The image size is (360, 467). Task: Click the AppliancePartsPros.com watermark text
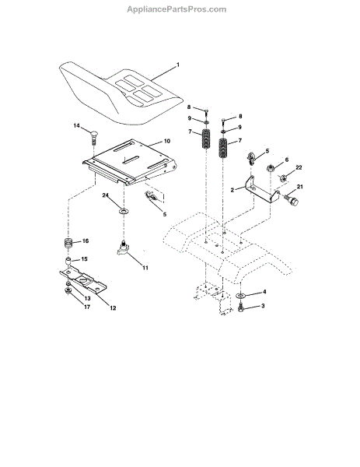point(177,9)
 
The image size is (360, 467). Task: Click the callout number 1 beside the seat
point(178,65)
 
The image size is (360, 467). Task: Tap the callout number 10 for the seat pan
point(167,141)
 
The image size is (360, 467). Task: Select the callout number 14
point(77,125)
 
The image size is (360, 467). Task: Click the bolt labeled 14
point(94,137)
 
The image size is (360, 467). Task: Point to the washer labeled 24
point(124,212)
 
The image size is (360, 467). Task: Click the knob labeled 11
point(122,248)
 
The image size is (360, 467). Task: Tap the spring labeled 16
point(68,245)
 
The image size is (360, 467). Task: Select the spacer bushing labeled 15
point(68,262)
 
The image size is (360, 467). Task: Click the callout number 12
point(113,308)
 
